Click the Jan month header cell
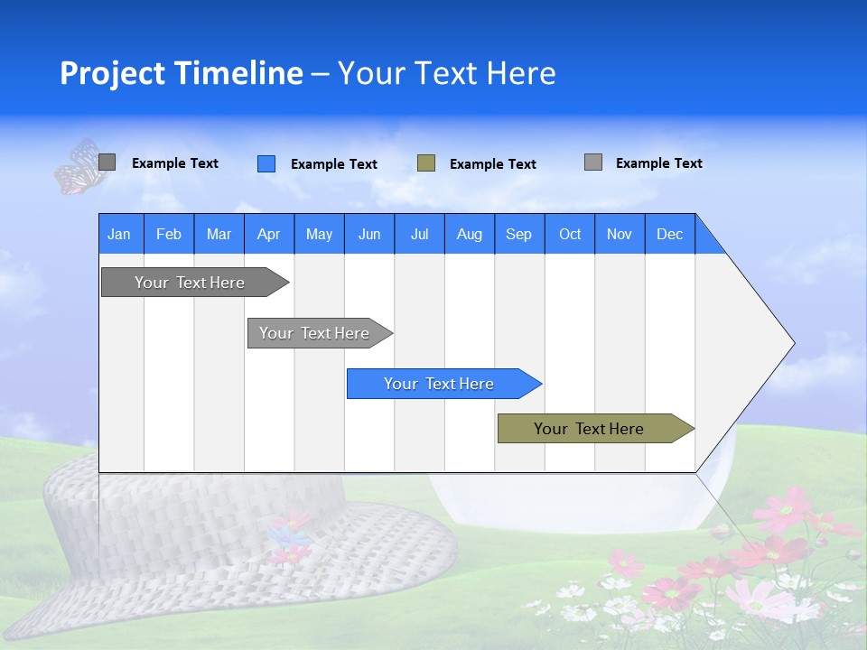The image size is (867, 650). click(x=120, y=234)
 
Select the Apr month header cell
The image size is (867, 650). click(x=269, y=234)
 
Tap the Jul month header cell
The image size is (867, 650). click(x=419, y=234)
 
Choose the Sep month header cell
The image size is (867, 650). click(x=519, y=234)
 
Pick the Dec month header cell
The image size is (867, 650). click(x=669, y=234)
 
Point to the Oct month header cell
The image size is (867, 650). click(x=570, y=234)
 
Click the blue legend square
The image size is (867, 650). click(x=266, y=163)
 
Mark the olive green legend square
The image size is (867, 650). click(x=426, y=163)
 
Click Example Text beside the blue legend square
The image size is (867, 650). click(x=334, y=164)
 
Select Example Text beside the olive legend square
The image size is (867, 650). click(x=493, y=164)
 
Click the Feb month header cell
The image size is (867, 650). click(x=169, y=234)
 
